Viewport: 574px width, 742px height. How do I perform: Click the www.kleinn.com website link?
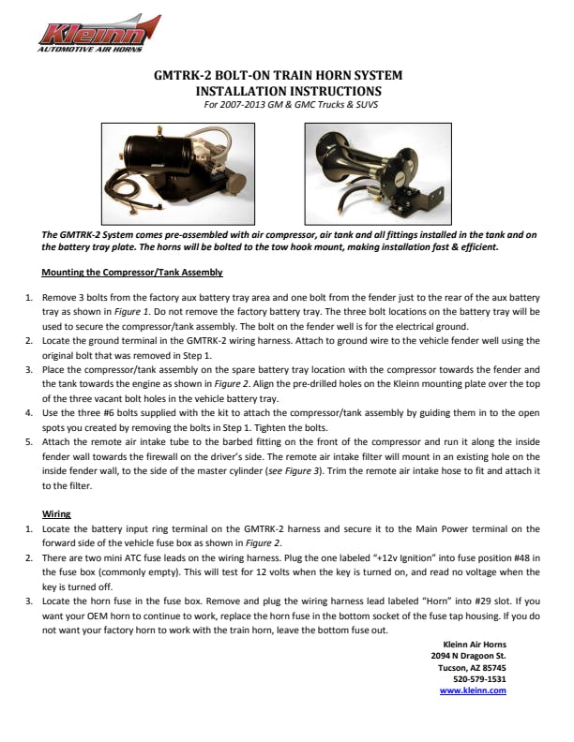coord(473,690)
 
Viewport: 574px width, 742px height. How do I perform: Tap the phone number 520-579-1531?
coord(479,678)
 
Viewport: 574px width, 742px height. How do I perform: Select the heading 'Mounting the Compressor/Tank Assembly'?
coord(132,273)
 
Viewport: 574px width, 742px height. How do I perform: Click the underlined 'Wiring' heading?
coord(57,514)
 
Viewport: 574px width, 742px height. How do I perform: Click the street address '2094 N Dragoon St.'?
coord(468,655)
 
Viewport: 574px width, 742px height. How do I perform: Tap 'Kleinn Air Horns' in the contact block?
coord(475,643)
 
